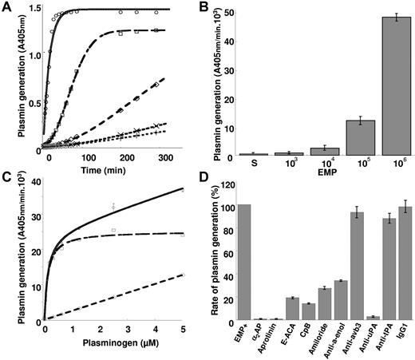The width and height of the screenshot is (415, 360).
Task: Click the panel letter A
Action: pos(7,7)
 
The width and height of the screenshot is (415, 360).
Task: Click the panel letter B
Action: pos(213,7)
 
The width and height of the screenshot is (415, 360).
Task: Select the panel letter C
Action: pos(7,186)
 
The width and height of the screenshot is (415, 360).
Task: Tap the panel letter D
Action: pos(213,186)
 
